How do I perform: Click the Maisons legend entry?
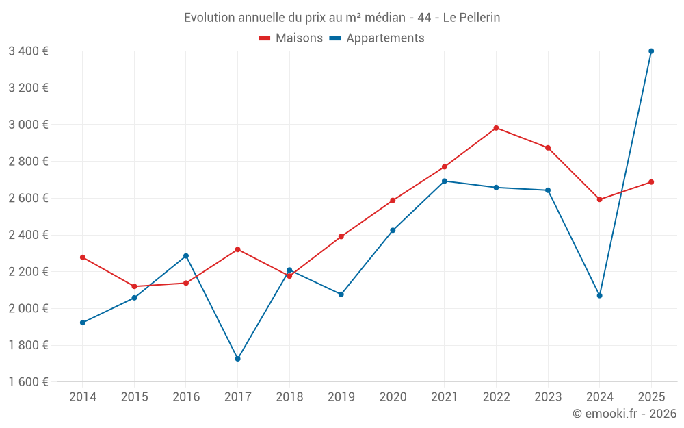(291, 38)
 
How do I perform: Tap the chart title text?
(342, 18)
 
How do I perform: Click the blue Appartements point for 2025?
(651, 51)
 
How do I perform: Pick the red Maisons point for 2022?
(496, 128)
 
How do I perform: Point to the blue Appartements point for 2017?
(237, 359)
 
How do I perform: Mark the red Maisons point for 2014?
(83, 257)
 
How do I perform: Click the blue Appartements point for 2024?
(599, 296)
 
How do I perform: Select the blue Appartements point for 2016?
(186, 256)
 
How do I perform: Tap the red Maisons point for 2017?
(237, 249)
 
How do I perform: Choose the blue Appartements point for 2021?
(444, 181)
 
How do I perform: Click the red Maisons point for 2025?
(651, 182)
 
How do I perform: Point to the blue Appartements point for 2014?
(83, 323)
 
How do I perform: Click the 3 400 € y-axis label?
(28, 51)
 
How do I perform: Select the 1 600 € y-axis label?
(28, 382)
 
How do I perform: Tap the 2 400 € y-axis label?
(28, 235)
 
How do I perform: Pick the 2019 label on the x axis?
(341, 397)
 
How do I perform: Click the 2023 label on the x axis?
(547, 397)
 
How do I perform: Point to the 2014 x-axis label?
(83, 397)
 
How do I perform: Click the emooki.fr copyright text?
(624, 414)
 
